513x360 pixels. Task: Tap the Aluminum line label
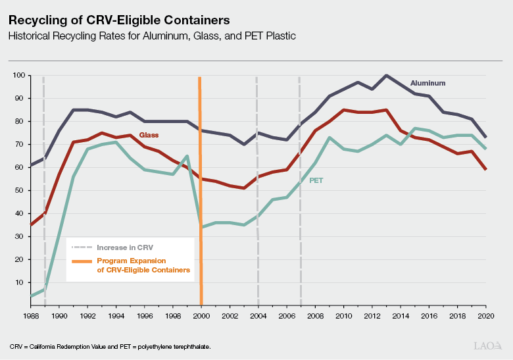tap(428, 84)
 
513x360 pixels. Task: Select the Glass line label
tap(150, 135)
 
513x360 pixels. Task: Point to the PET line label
tap(316, 180)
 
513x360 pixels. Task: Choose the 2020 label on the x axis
tap(486, 316)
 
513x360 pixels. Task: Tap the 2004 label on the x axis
tap(258, 316)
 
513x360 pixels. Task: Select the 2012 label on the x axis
tap(372, 316)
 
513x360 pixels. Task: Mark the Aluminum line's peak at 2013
tap(386, 76)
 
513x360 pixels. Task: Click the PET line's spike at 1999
tap(187, 156)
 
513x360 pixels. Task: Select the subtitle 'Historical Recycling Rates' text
tap(152, 36)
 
